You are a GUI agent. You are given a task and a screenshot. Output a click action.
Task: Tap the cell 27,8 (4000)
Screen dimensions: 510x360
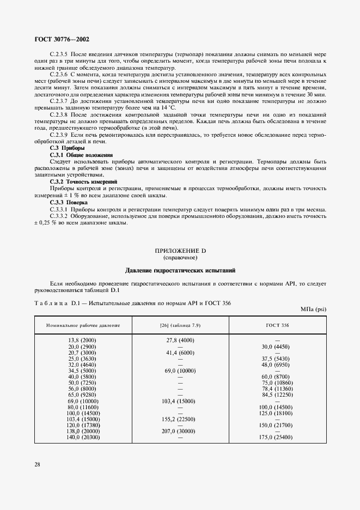[180, 341]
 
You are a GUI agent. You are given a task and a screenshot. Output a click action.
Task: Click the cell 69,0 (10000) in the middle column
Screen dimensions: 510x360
[180, 371]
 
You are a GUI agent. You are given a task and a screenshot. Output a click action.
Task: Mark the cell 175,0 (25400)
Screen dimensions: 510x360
[277, 438]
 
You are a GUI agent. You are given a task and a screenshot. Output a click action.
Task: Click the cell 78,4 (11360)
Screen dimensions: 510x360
[277, 389]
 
